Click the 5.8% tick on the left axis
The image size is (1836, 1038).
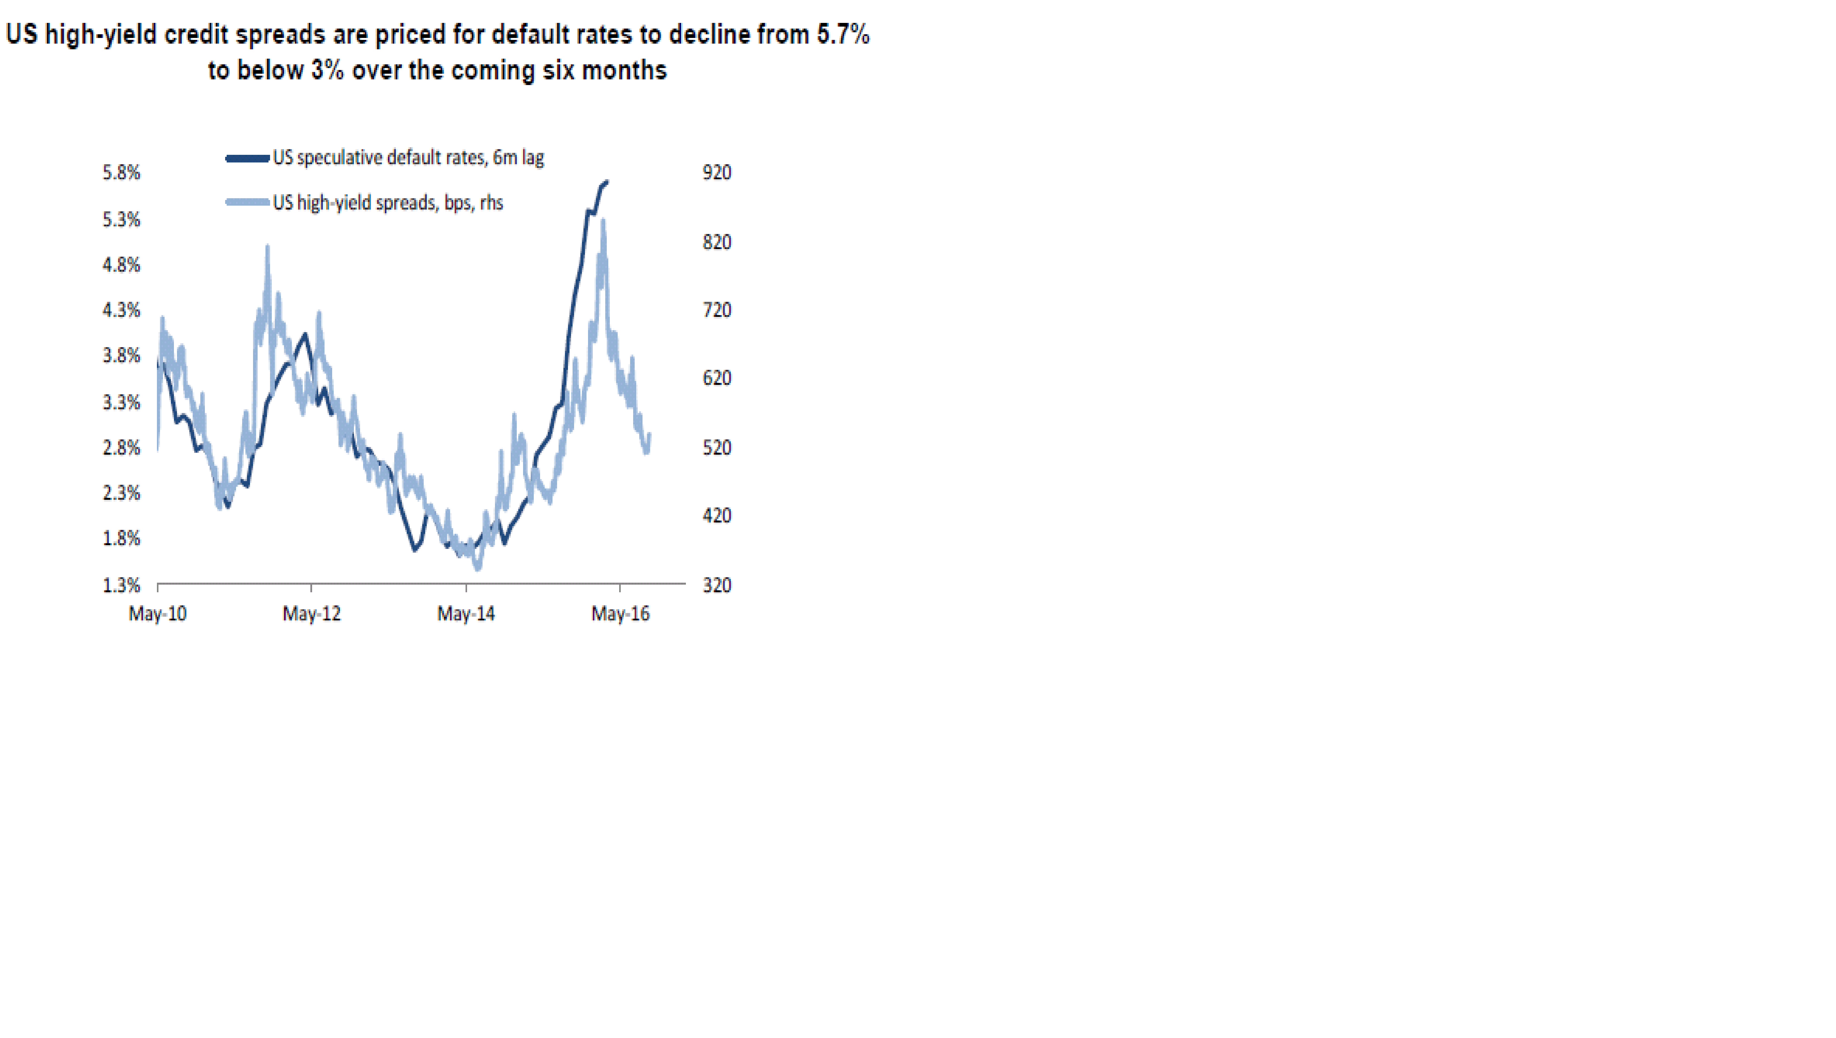pyautogui.click(x=121, y=172)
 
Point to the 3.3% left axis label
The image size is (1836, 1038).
pyautogui.click(x=121, y=403)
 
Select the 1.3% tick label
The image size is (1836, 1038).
pyautogui.click(x=121, y=585)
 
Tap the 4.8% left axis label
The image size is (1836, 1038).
pyautogui.click(x=121, y=265)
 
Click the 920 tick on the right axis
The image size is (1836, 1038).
pyautogui.click(x=716, y=172)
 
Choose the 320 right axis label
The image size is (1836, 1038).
pyautogui.click(x=716, y=585)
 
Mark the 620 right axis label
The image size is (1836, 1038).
pyautogui.click(x=716, y=378)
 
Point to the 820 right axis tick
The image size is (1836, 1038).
pyautogui.click(x=716, y=242)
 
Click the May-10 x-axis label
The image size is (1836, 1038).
pyautogui.click(x=158, y=614)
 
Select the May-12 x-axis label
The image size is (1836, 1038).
pyautogui.click(x=311, y=614)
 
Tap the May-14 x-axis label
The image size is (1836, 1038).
pyautogui.click(x=465, y=614)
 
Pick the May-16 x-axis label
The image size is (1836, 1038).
pyautogui.click(x=620, y=614)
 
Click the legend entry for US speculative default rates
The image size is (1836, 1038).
pyautogui.click(x=408, y=157)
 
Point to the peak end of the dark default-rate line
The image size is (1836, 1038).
pyautogui.click(x=607, y=182)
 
